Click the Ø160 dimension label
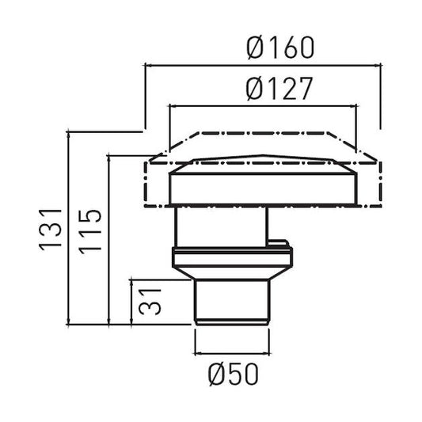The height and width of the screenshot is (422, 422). coord(280,48)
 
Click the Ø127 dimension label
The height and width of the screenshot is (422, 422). coord(279,89)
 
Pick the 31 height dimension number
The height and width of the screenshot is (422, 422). coord(150,302)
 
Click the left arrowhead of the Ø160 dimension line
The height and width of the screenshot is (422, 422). coord(149,65)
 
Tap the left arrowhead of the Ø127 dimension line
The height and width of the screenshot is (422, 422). coord(173,106)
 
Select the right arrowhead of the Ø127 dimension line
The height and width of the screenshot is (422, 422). coord(353,106)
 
